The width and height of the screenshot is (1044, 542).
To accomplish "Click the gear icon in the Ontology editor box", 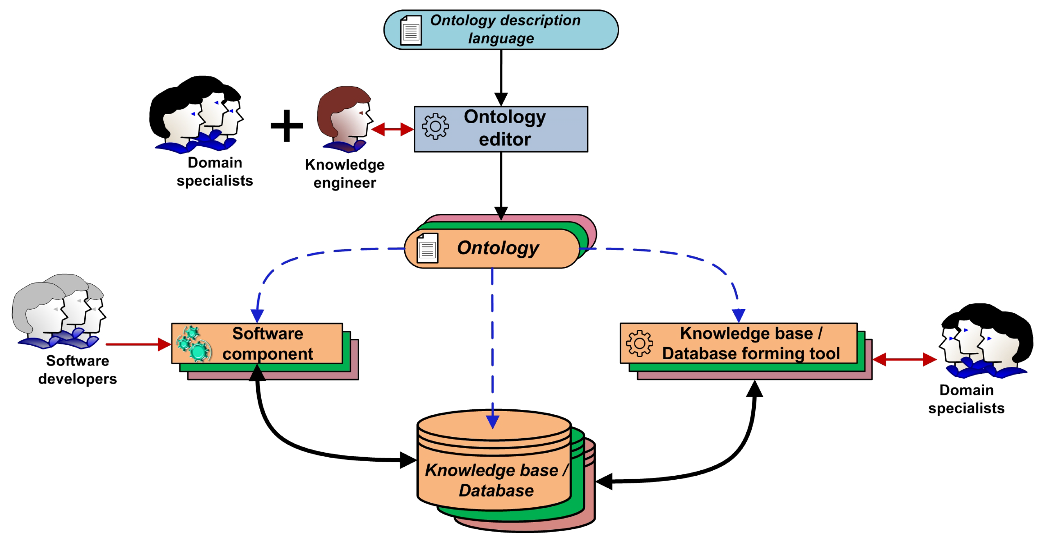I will [435, 127].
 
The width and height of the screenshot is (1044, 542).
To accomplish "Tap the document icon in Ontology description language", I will [410, 30].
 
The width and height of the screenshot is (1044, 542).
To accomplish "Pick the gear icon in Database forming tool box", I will [639, 343].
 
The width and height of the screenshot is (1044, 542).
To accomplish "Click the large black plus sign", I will [286, 126].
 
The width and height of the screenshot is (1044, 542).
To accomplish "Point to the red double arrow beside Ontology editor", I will [392, 129].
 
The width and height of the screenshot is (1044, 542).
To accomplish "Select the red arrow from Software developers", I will [138, 344].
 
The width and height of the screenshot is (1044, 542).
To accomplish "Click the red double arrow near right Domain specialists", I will [904, 359].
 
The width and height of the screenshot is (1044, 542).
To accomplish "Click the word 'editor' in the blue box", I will [505, 140].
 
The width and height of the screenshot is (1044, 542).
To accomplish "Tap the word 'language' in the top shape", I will [501, 39].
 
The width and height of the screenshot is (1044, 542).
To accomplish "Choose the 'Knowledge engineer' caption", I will [345, 173].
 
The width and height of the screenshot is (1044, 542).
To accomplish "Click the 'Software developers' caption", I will [77, 370].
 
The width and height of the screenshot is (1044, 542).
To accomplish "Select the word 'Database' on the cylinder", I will [496, 491].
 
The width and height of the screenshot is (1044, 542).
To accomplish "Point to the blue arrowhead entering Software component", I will [257, 315].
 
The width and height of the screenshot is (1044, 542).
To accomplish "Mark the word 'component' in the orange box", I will [267, 354].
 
